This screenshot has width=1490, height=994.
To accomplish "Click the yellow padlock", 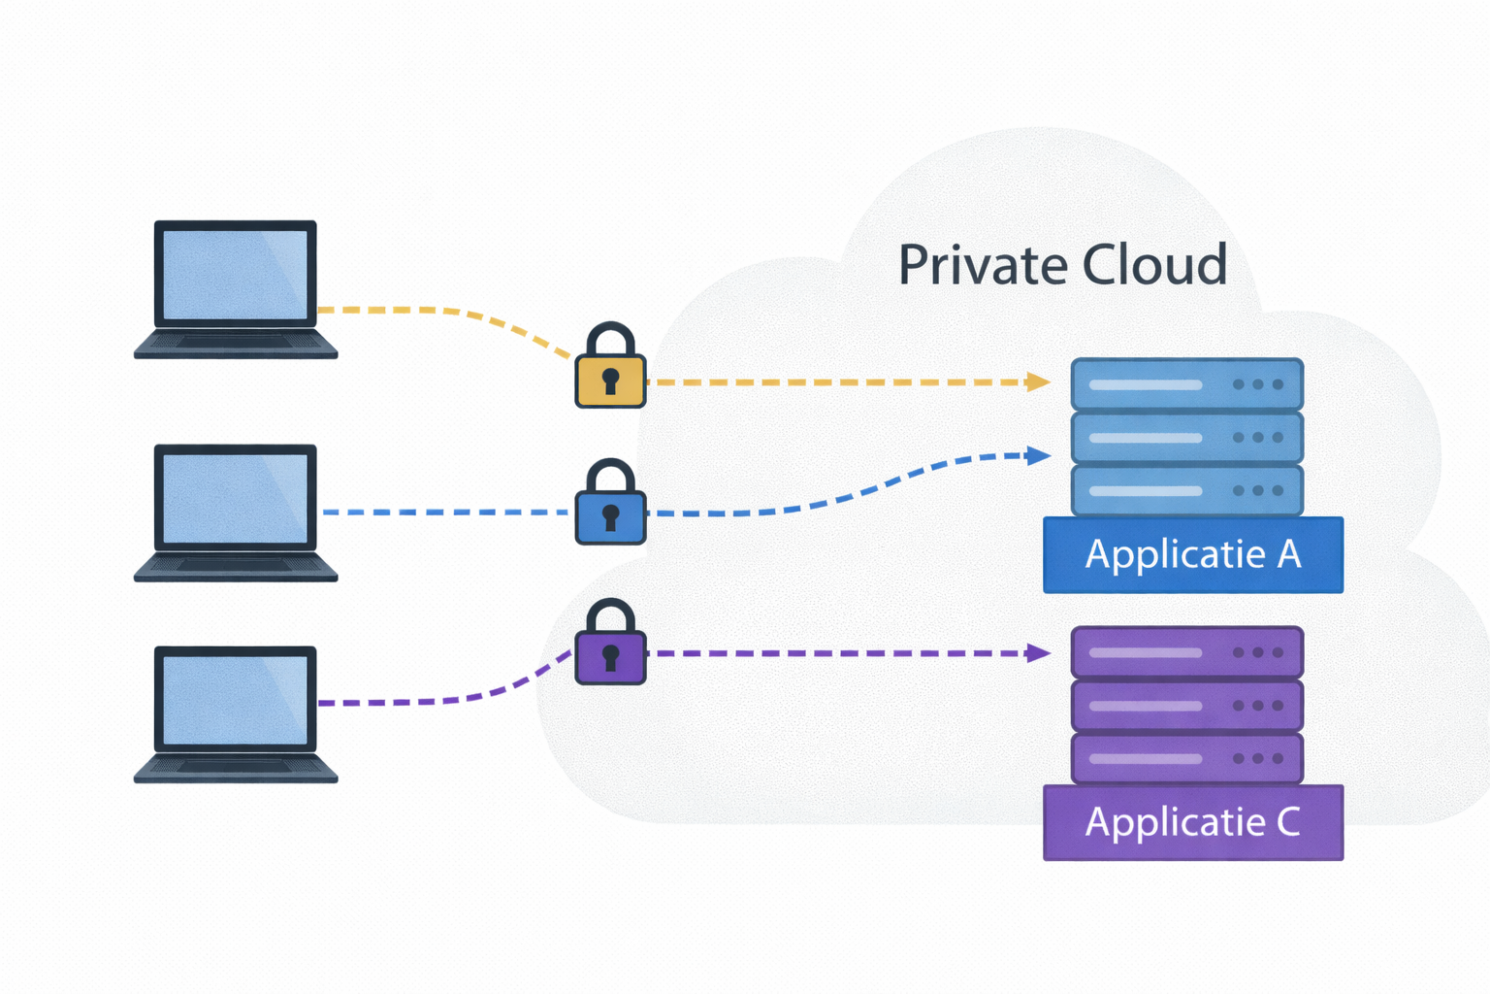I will (610, 369).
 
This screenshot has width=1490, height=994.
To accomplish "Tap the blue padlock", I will (610, 506).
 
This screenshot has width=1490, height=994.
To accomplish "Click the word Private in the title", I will (982, 265).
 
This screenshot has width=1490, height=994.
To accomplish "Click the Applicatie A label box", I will (1192, 554).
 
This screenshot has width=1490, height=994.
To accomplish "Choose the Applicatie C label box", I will (1192, 822).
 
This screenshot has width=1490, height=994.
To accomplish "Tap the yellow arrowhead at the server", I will (1039, 382).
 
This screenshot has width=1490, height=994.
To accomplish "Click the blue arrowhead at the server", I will (1039, 455).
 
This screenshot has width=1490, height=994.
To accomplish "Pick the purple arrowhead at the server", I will (1039, 653).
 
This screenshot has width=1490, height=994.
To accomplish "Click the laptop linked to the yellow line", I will (236, 289).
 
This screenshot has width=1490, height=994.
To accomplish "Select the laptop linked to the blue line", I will (236, 513).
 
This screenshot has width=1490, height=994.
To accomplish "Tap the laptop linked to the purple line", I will (236, 713).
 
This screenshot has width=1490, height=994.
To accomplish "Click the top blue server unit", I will (1186, 384).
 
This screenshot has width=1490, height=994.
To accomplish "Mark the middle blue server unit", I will (1186, 438).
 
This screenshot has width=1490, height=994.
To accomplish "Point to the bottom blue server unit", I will (1186, 490).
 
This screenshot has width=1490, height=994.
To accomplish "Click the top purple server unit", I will (1186, 652).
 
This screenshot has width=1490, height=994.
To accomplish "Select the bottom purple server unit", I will (1186, 758).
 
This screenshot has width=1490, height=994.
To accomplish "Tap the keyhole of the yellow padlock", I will (610, 379).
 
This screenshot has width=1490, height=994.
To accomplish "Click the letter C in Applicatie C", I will (1288, 822).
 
